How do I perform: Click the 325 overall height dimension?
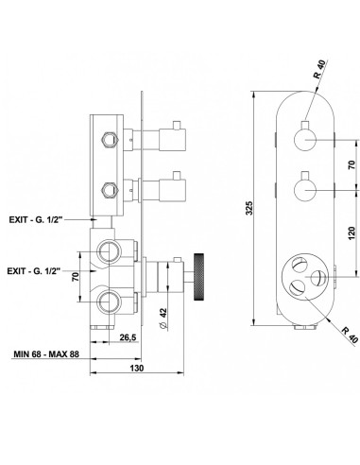(x=249, y=208)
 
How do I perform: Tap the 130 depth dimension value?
(x=136, y=368)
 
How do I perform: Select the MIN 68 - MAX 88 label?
(x=46, y=354)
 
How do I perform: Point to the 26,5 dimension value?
(x=128, y=337)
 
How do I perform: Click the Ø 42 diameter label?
(x=163, y=319)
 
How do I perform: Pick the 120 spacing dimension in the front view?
(x=351, y=233)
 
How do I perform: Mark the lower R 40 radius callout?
(x=350, y=335)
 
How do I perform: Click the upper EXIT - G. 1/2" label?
(x=34, y=219)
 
